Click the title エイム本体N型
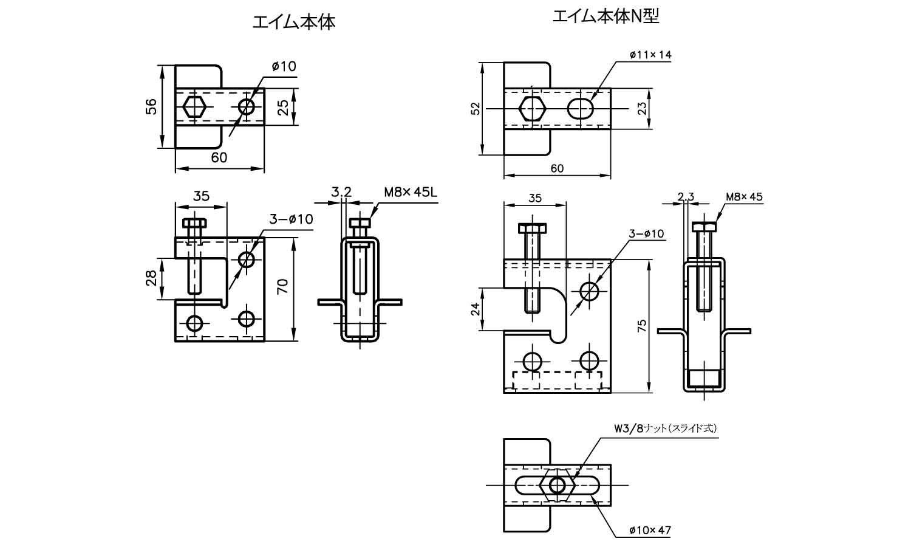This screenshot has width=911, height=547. (x=606, y=16)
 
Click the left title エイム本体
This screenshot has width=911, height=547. (x=293, y=22)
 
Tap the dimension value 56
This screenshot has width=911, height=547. (x=152, y=106)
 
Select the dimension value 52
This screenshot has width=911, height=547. (x=476, y=108)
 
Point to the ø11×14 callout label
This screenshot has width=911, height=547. (x=650, y=55)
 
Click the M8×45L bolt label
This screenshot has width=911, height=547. (x=411, y=193)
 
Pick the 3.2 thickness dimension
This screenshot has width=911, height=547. (x=341, y=193)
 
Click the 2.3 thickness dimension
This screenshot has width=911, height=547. (x=686, y=196)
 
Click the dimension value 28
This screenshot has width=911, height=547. (x=152, y=278)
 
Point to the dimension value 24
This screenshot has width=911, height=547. (x=476, y=308)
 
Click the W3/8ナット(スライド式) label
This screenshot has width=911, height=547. (x=666, y=428)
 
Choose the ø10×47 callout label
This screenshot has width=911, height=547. (x=650, y=530)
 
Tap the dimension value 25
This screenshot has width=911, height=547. (x=283, y=108)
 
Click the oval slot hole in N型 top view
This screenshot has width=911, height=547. (x=581, y=108)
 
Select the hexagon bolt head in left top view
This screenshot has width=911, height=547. (x=194, y=107)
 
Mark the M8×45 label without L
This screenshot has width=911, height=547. (x=744, y=196)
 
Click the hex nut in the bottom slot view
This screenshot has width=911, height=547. (x=556, y=485)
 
